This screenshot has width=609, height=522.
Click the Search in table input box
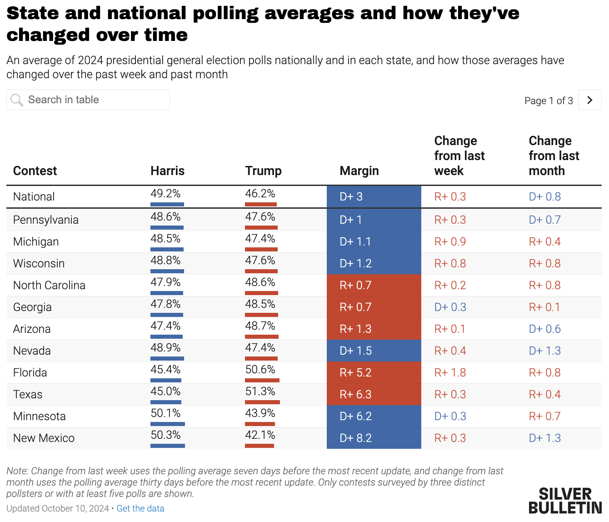tap(88, 100)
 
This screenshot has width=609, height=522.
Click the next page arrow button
tap(589, 100)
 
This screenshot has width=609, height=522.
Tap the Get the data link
tap(140, 508)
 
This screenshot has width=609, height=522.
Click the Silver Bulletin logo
tap(565, 501)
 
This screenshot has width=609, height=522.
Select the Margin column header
tap(359, 171)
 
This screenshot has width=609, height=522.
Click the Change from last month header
tap(554, 156)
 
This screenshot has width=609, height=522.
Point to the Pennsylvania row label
tap(46, 220)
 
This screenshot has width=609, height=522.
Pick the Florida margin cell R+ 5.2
tap(356, 372)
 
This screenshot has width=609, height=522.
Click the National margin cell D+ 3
tap(351, 196)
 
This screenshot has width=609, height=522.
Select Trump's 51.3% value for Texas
tap(260, 391)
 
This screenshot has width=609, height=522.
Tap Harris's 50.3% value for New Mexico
tap(165, 435)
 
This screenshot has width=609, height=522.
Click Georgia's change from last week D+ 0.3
tap(450, 307)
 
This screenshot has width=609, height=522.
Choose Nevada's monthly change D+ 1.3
tap(544, 351)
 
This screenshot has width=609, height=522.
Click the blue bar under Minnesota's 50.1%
tap(167, 424)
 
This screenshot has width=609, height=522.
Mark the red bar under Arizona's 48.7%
tap(261, 336)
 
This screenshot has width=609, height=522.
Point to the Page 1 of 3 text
tap(549, 100)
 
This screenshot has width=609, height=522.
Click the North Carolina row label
tap(49, 285)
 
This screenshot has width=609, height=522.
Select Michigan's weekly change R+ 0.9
tap(450, 241)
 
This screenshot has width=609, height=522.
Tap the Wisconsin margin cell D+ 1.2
tap(356, 263)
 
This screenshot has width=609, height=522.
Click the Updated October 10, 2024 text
tap(57, 508)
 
